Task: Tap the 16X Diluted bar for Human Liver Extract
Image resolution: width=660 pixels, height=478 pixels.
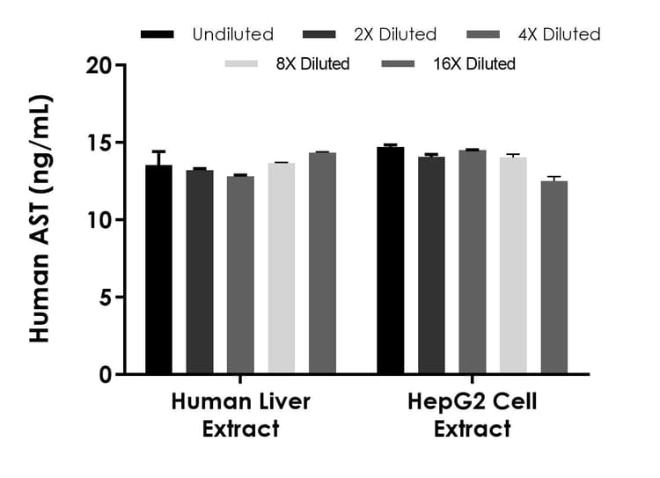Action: point(322,263)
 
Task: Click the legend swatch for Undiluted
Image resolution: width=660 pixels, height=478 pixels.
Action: point(158,34)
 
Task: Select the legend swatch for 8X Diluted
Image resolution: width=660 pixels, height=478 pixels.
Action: point(242,63)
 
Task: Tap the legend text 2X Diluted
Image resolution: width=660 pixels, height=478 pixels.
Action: point(394,34)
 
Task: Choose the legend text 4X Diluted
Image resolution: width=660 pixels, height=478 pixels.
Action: point(558,34)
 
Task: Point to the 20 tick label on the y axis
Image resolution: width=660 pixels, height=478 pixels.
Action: point(99,65)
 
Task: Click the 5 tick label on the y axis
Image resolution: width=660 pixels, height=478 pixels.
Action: point(106,298)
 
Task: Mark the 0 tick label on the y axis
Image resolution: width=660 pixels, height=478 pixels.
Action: point(106,375)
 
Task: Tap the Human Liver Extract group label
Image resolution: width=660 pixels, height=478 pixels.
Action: point(240,415)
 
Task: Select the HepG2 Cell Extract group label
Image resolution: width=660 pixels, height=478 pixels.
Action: point(472,415)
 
